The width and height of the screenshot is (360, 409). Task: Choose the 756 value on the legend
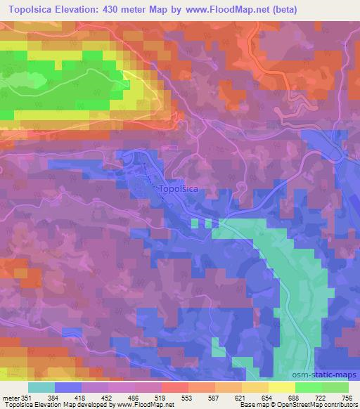[346, 397]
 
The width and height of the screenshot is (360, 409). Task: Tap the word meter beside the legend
[11, 397]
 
